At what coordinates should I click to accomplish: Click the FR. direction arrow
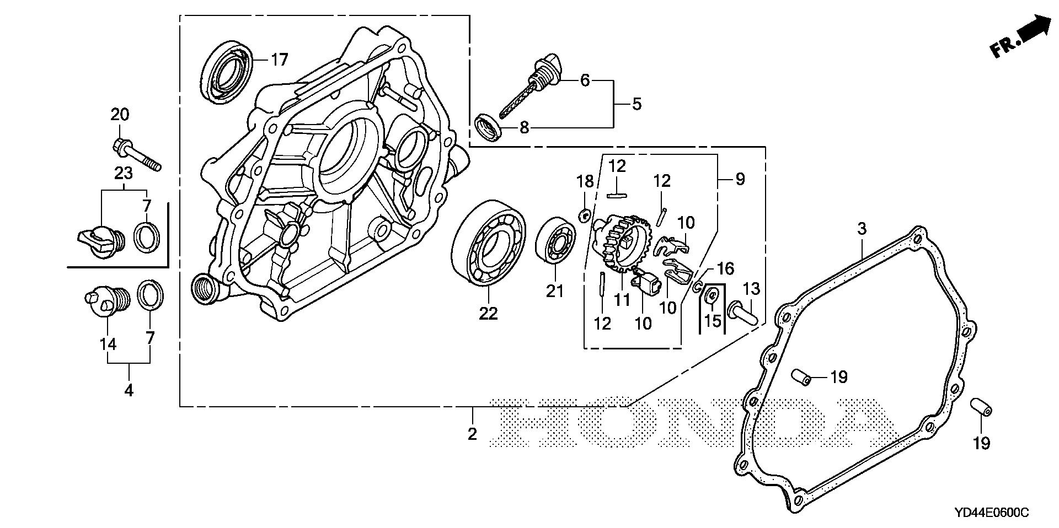pos(1020,39)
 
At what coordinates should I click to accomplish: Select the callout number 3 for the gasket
pos(862,228)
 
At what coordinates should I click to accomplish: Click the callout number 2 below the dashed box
pos(472,434)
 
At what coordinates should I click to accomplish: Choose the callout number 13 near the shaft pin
pos(751,288)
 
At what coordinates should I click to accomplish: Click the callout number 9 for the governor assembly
pos(740,179)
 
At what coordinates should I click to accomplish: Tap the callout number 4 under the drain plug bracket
pos(129,390)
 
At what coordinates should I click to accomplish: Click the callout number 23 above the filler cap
pos(123,173)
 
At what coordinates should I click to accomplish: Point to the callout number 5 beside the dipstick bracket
pos(637,104)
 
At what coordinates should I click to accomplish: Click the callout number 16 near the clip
pos(725,269)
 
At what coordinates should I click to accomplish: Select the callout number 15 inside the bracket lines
pos(713,320)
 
